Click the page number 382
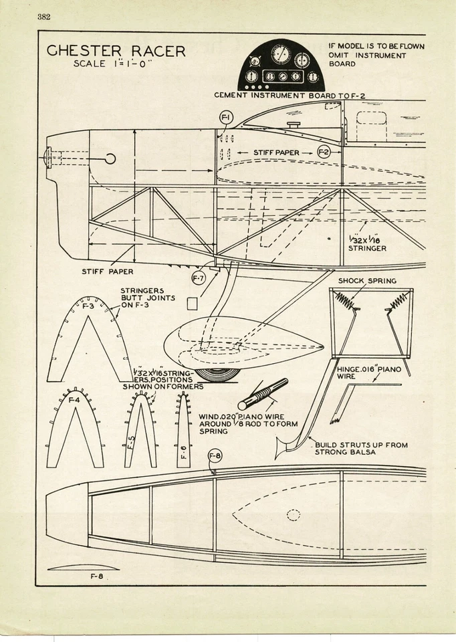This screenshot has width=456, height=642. click(43, 17)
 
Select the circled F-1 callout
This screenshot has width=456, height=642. click(226, 118)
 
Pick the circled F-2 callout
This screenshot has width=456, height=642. click(324, 152)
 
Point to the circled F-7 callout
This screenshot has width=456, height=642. click(198, 277)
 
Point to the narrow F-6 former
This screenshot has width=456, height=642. click(183, 428)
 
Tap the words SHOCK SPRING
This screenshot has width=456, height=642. click(367, 281)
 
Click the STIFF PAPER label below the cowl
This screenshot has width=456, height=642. click(107, 272)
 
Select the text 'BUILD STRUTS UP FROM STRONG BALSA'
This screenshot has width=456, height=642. click(360, 449)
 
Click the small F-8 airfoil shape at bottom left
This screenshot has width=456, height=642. click(74, 567)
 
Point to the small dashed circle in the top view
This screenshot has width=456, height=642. click(293, 514)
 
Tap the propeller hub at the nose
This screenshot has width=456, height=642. click(49, 158)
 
